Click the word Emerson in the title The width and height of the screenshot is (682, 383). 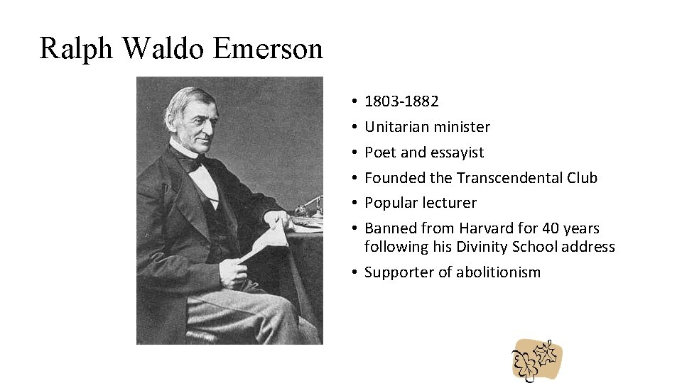point(268,48)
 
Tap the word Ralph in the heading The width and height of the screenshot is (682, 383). point(75,48)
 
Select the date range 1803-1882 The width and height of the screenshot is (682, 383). point(401,101)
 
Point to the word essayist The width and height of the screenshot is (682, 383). point(455,152)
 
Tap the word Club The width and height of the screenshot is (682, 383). point(582,178)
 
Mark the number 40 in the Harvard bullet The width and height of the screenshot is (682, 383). point(551,228)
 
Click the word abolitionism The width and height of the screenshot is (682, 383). point(498,272)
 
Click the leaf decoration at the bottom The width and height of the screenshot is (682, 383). point(537,359)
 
